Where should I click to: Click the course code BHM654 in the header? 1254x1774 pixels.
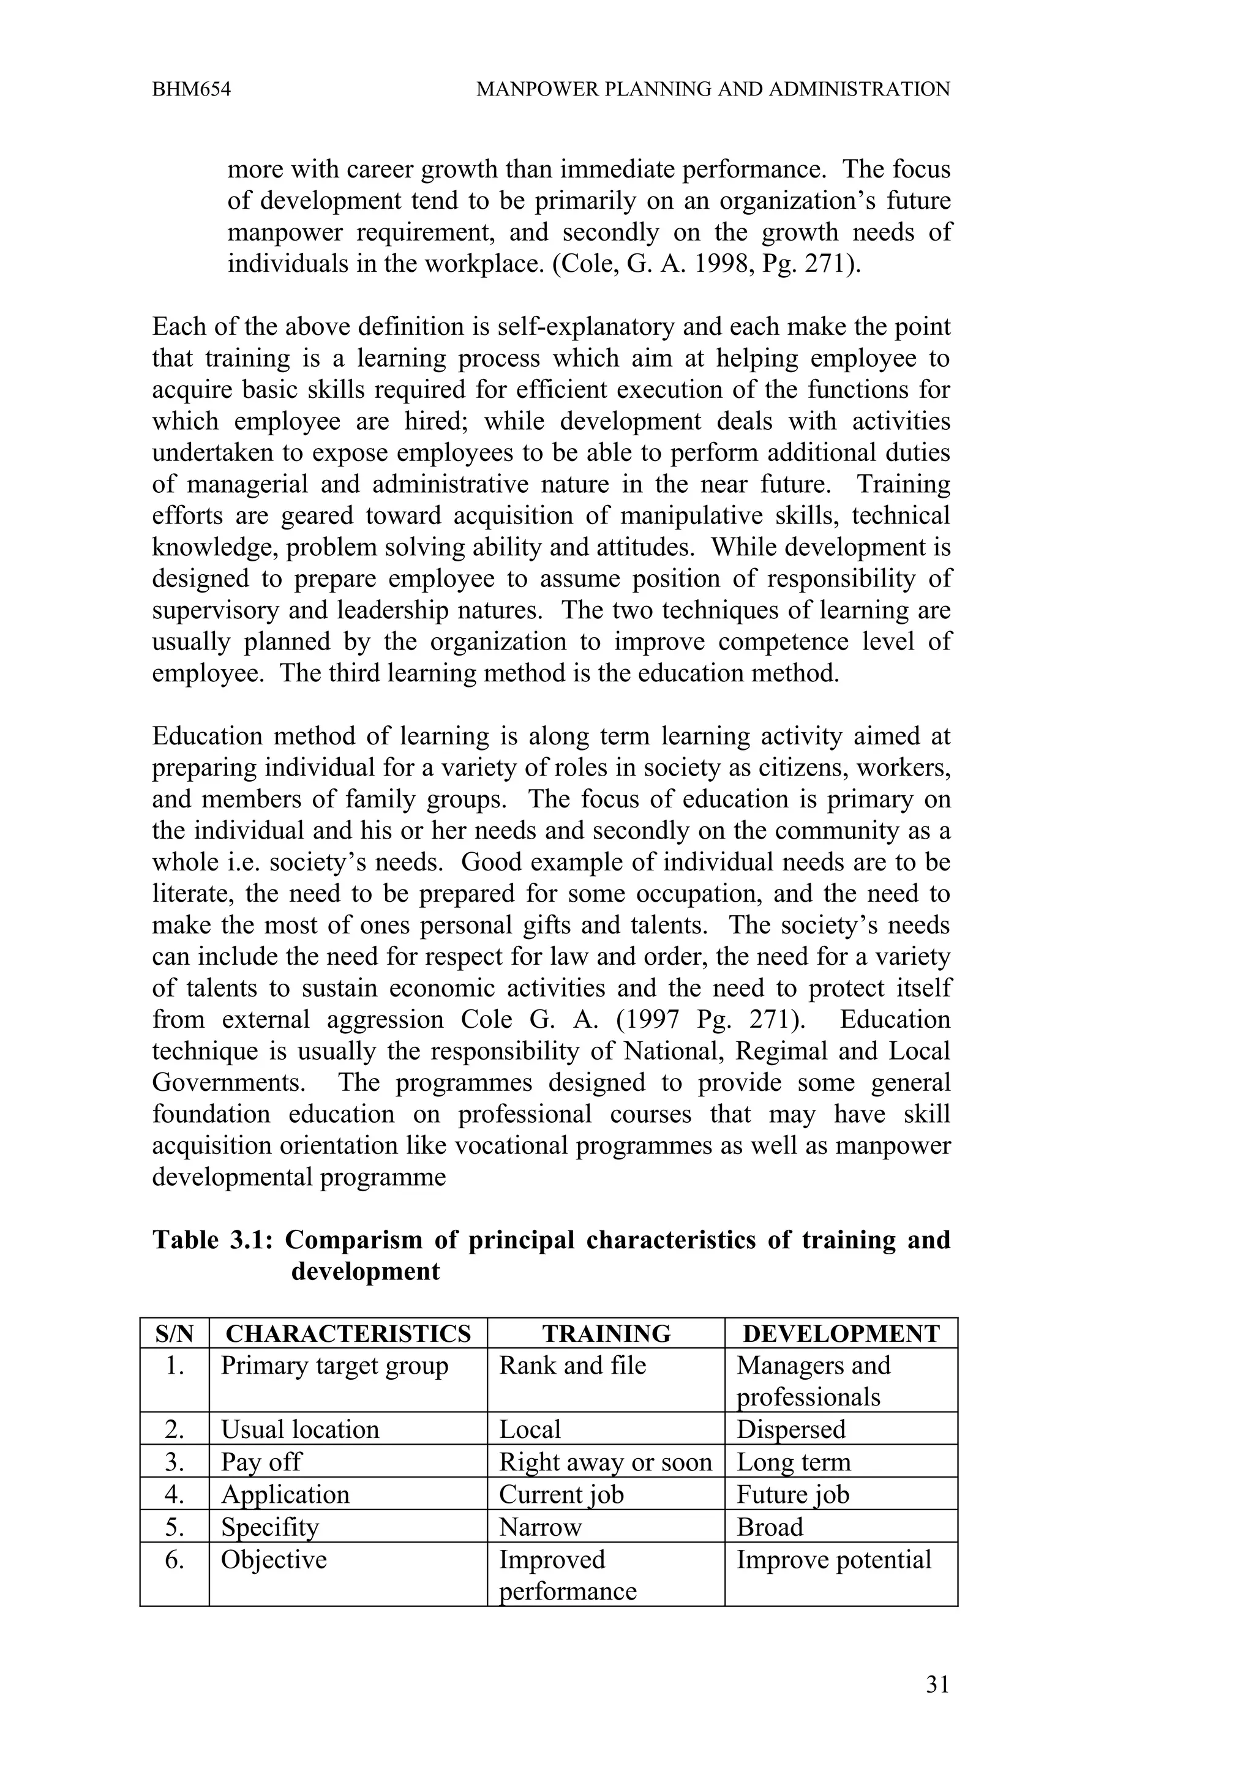pyautogui.click(x=192, y=89)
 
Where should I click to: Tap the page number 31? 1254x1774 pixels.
pyautogui.click(x=937, y=1685)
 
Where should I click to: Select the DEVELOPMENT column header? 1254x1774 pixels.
pyautogui.click(x=841, y=1334)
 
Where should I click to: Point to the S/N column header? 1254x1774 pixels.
pyautogui.click(x=175, y=1334)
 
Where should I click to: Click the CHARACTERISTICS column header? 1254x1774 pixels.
pyautogui.click(x=348, y=1334)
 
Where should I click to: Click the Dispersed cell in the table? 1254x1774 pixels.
pyautogui.click(x=790, y=1429)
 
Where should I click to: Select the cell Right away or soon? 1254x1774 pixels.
pyautogui.click(x=605, y=1462)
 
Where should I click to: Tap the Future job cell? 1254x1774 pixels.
pyautogui.click(x=793, y=1494)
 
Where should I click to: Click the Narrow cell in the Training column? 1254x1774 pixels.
pyautogui.click(x=540, y=1527)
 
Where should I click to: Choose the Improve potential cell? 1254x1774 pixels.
pyautogui.click(x=834, y=1559)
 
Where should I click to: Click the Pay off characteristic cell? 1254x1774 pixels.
pyautogui.click(x=261, y=1462)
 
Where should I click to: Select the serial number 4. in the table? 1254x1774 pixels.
pyautogui.click(x=175, y=1494)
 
